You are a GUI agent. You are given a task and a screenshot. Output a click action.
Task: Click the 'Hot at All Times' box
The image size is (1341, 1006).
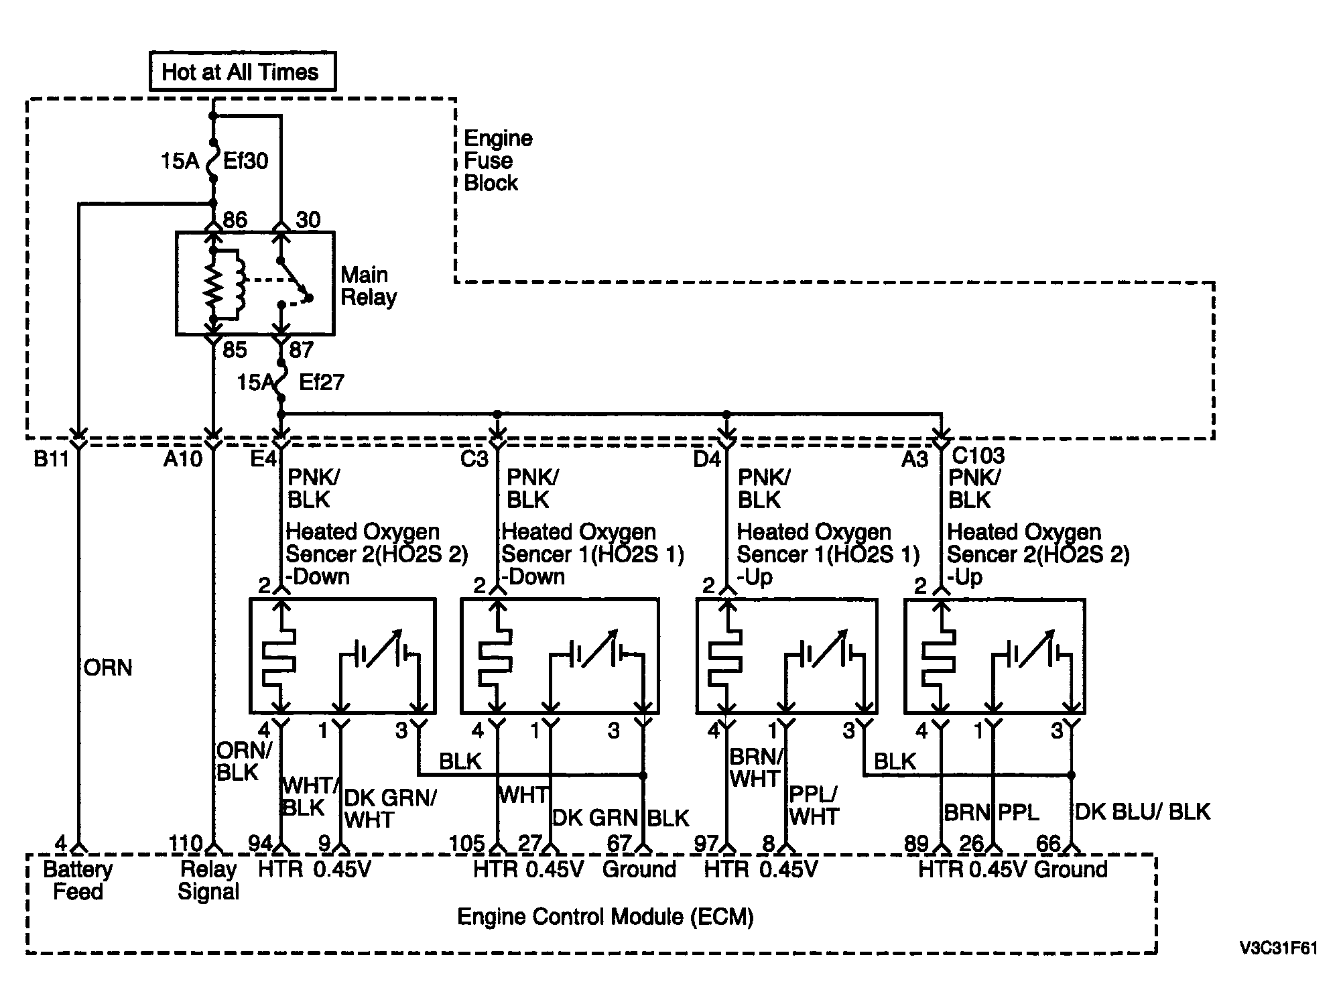tap(242, 71)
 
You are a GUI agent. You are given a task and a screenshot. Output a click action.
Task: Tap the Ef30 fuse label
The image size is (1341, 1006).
tap(245, 161)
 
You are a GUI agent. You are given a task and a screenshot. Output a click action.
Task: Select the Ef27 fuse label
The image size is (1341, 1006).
tap(322, 382)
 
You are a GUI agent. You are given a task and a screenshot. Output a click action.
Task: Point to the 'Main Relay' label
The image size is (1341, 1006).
tap(369, 286)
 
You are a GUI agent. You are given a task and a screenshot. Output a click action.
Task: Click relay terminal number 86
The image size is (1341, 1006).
tap(235, 220)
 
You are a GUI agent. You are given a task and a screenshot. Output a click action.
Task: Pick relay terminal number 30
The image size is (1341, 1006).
tap(308, 220)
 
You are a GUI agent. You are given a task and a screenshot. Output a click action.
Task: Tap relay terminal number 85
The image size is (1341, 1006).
tap(235, 349)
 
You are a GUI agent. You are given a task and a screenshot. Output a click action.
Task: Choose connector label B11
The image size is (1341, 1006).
tap(52, 460)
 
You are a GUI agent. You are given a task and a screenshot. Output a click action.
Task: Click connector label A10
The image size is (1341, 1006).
tap(183, 460)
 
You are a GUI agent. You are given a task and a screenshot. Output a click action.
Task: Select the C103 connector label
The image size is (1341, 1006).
tap(978, 456)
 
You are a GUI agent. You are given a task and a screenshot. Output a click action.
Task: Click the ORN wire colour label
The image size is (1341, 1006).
tap(108, 668)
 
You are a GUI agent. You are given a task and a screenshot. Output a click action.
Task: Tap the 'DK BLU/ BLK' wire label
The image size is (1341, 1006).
tap(1143, 812)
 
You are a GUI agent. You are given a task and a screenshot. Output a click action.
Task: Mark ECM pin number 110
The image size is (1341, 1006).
tap(186, 843)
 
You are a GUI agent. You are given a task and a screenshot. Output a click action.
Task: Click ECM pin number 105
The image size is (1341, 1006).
tap(466, 843)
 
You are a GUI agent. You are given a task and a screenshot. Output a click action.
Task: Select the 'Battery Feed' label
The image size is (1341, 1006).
tap(78, 881)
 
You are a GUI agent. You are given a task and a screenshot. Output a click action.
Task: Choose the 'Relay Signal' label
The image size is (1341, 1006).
tap(208, 881)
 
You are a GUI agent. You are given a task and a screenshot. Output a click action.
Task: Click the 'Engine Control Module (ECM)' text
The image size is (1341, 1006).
tap(605, 917)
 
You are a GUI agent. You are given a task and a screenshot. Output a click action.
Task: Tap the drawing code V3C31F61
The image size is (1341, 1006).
tap(1278, 948)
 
